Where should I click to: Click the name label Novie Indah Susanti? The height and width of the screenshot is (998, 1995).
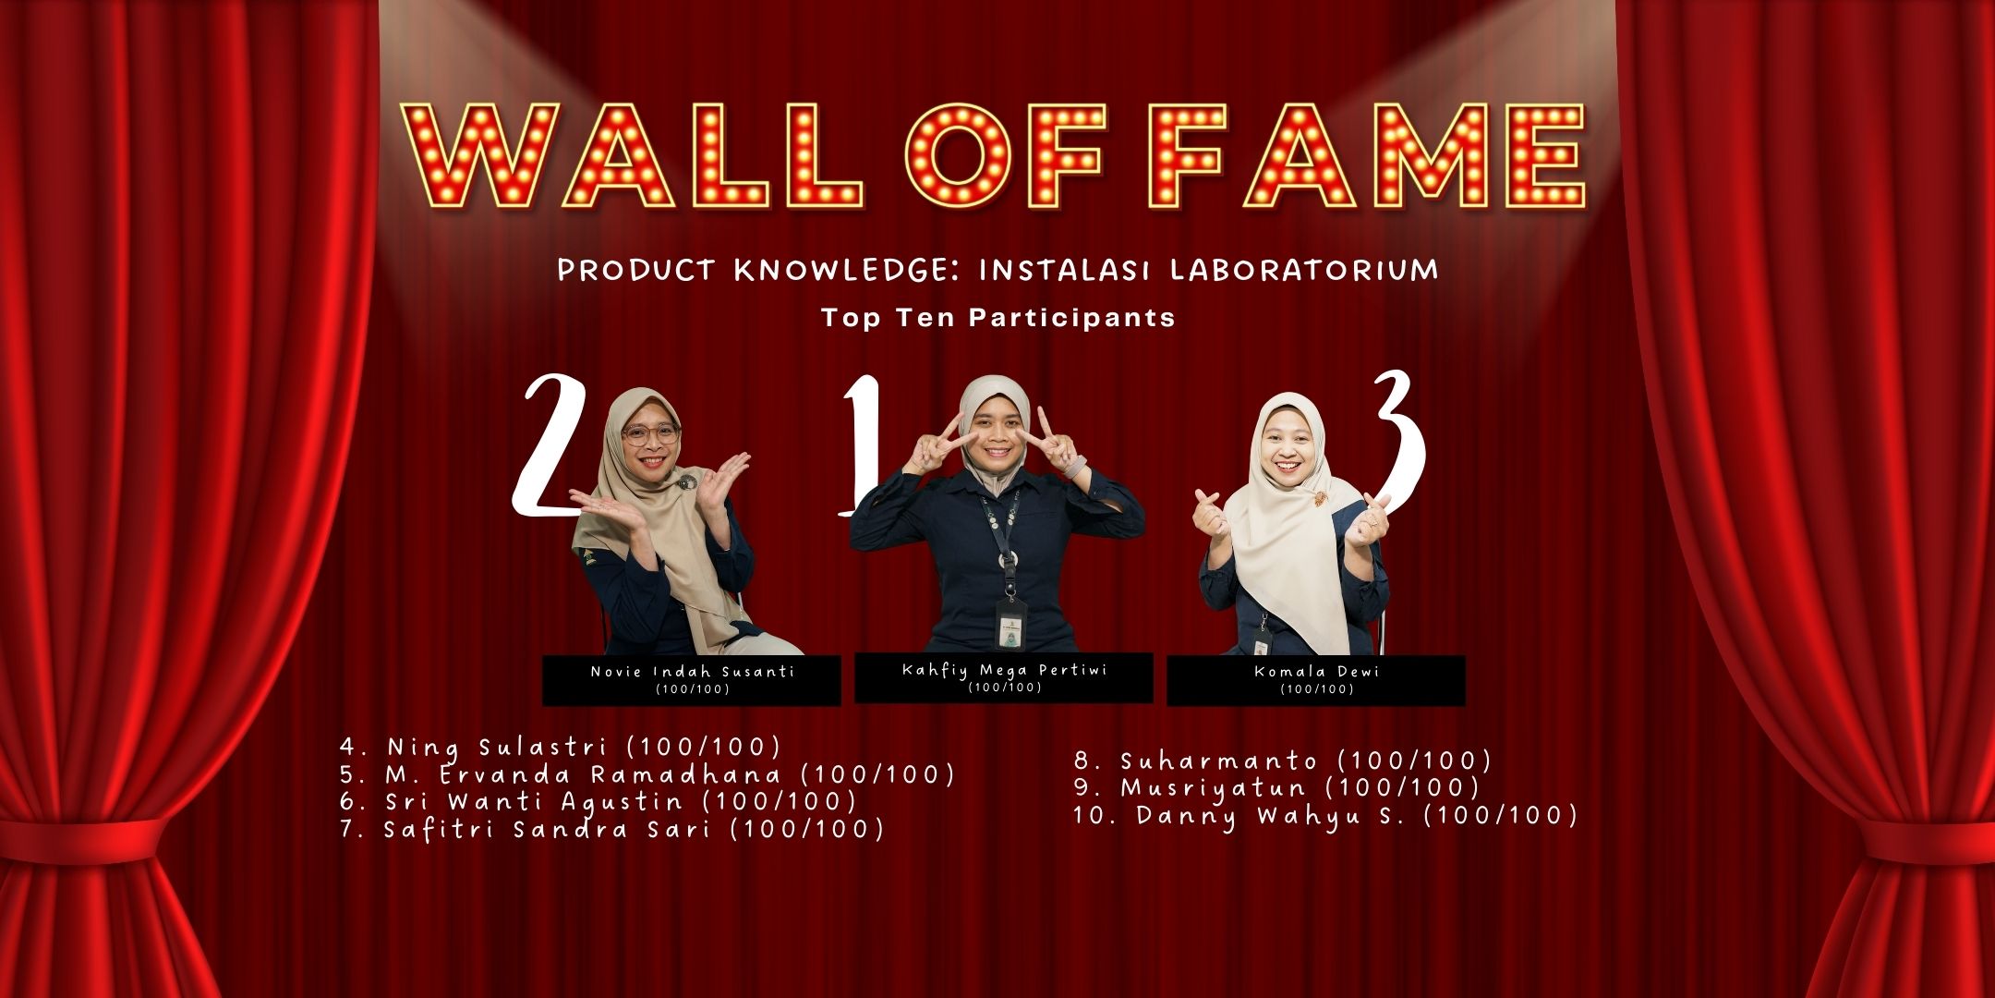(692, 672)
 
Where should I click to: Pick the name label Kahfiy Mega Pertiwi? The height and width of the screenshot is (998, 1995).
(1004, 670)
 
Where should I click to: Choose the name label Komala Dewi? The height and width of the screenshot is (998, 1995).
(1316, 672)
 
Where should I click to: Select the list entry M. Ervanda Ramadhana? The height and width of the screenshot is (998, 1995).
(647, 774)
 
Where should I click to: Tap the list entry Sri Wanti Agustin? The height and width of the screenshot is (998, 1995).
(598, 801)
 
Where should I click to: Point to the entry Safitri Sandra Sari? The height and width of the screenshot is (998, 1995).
(611, 829)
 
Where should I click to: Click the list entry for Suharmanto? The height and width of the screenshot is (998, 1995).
(1283, 761)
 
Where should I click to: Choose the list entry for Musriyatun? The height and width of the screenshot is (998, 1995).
(1276, 787)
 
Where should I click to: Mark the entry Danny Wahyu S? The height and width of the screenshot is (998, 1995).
(1325, 816)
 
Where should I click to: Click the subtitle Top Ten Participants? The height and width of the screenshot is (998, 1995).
(998, 318)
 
